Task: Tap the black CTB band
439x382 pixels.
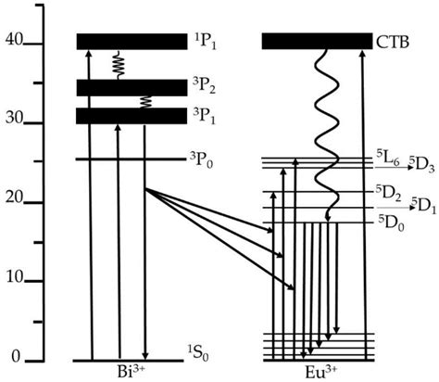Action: pos(315,42)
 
